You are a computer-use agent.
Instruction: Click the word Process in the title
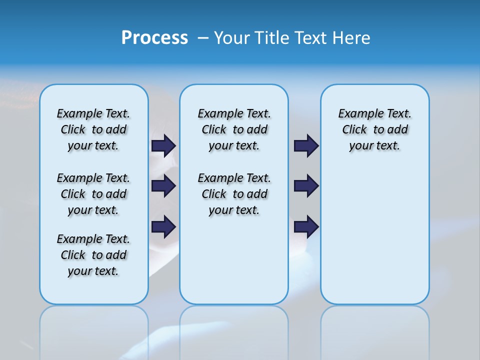154,38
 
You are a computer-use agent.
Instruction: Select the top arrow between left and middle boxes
163,145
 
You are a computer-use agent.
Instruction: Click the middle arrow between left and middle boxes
163,186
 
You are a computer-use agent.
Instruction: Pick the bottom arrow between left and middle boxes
163,226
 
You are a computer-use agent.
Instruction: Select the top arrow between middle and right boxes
306,145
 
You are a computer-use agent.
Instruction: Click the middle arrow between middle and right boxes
306,186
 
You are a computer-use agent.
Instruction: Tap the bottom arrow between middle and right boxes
306,226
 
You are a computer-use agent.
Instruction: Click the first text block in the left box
93,129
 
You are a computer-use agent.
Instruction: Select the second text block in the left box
93,194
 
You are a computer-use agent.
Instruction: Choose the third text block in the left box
93,255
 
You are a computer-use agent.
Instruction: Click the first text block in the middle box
234,129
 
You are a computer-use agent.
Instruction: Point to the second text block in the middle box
234,194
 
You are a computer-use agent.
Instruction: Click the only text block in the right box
374,129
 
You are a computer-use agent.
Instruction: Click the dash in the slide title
203,38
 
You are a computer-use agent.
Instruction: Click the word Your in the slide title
232,38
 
